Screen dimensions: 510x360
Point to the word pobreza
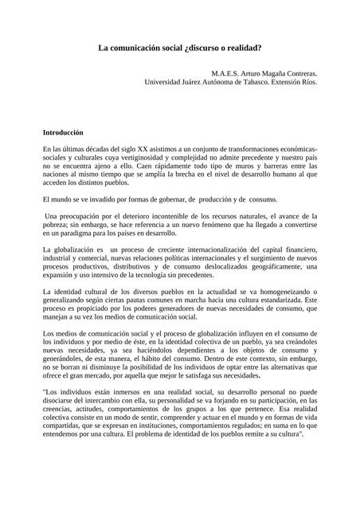[59, 226]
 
